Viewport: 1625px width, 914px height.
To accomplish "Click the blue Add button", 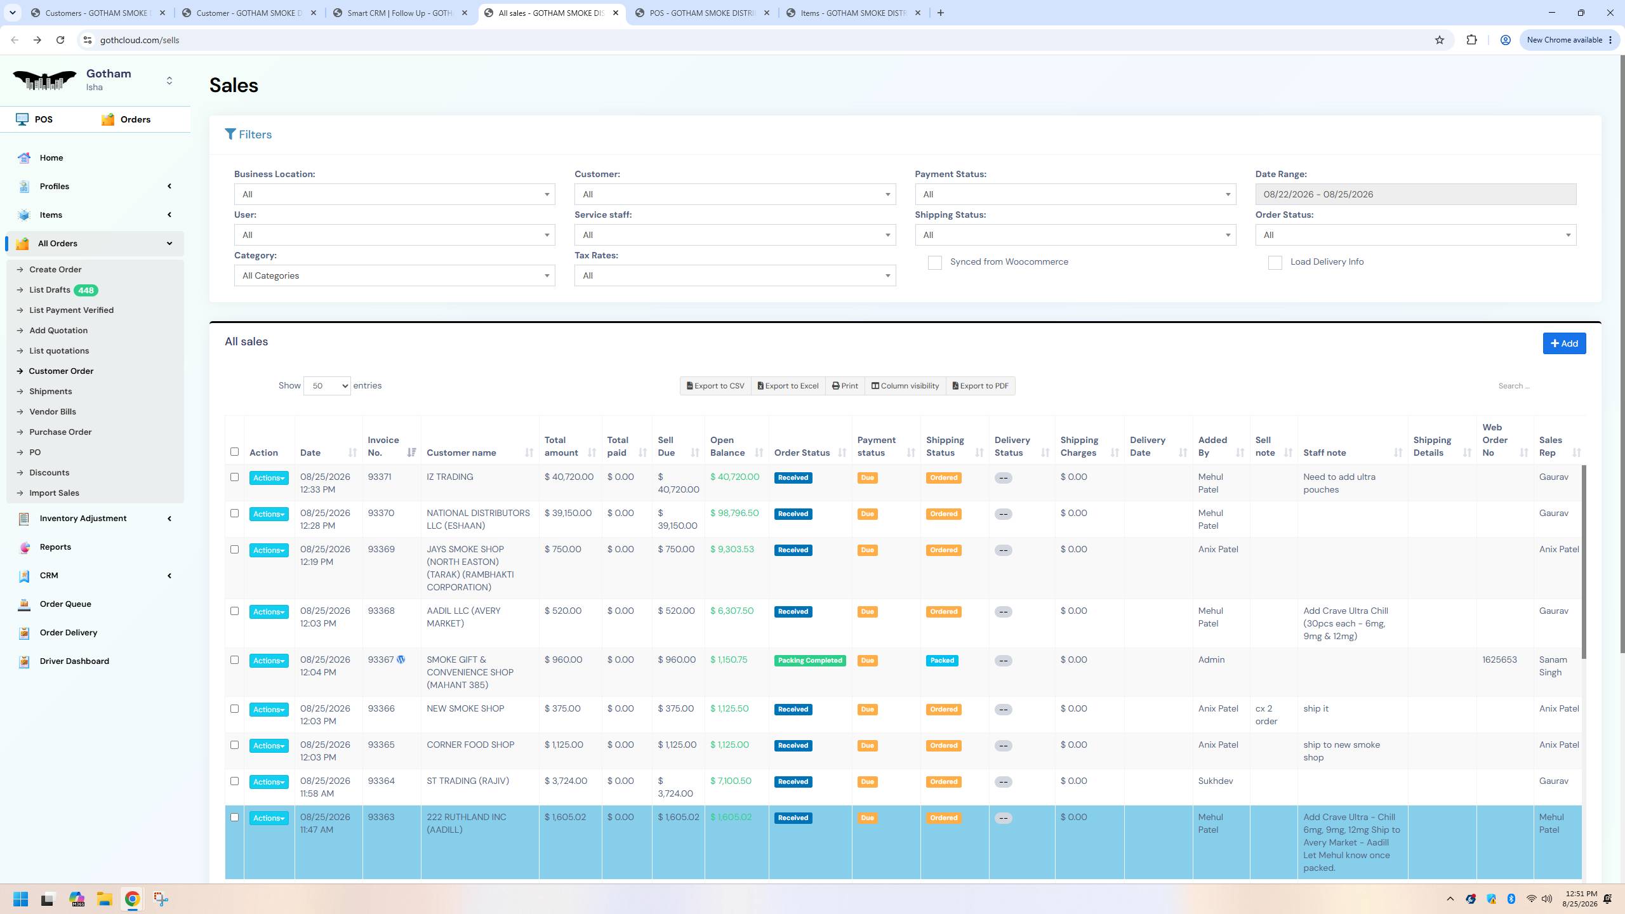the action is pyautogui.click(x=1564, y=343).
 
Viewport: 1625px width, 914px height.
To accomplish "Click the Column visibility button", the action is pyautogui.click(x=905, y=386).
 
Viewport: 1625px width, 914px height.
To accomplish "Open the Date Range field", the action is pyautogui.click(x=1416, y=194).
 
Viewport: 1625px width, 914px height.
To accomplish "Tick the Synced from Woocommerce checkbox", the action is pyautogui.click(x=934, y=263).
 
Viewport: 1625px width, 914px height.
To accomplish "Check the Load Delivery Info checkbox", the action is pyautogui.click(x=1275, y=263).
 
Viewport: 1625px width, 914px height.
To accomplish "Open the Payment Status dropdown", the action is pyautogui.click(x=1075, y=194).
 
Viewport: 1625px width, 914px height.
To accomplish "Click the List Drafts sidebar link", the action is pyautogui.click(x=50, y=290).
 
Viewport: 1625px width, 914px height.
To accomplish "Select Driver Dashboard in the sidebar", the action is pyautogui.click(x=74, y=661).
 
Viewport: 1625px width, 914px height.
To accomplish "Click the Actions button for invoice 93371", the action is pyautogui.click(x=269, y=478).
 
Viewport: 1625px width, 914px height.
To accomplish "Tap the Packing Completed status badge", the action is pyautogui.click(x=810, y=661).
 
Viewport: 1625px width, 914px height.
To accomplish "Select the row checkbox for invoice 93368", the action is pyautogui.click(x=234, y=611).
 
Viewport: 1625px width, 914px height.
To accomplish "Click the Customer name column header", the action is pyautogui.click(x=461, y=453).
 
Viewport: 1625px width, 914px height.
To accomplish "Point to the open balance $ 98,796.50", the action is pyautogui.click(x=734, y=513).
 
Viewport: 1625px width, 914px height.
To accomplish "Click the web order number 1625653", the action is pyautogui.click(x=1499, y=659).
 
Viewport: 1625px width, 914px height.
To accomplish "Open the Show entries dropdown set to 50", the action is pyautogui.click(x=327, y=386).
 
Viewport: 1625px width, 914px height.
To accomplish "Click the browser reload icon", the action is pyautogui.click(x=60, y=40).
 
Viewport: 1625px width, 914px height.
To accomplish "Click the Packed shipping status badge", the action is pyautogui.click(x=942, y=661).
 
